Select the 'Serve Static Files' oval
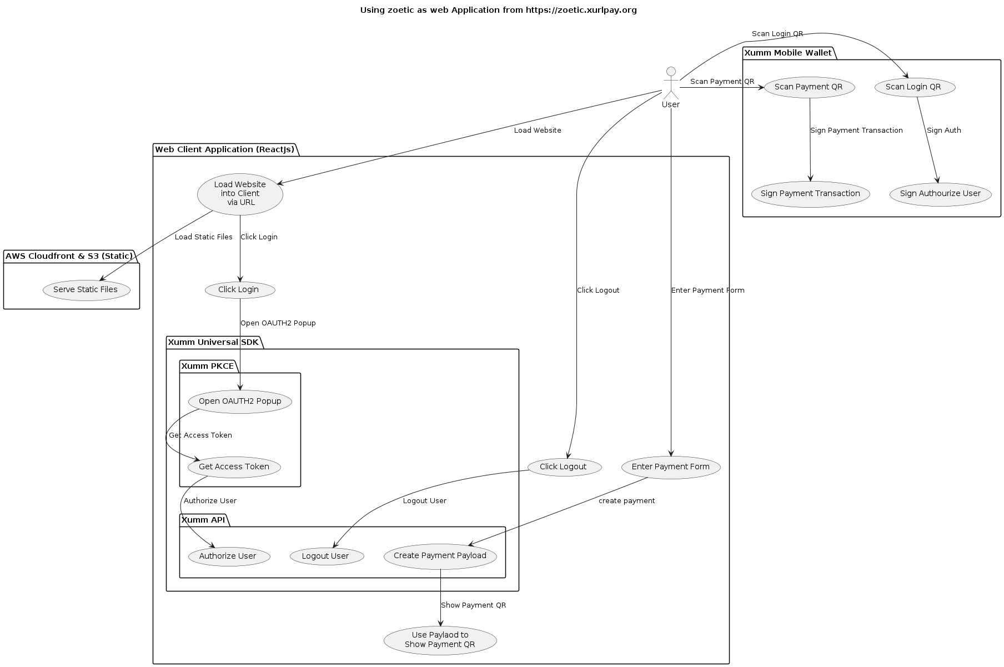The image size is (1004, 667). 86,290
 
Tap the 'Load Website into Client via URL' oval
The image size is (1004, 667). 240,194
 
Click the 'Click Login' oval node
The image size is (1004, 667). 239,290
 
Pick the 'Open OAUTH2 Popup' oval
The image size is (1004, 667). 240,402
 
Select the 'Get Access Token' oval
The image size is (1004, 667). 234,467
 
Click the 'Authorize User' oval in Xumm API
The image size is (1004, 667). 228,556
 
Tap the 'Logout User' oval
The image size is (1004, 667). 326,556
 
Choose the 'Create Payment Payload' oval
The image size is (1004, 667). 440,556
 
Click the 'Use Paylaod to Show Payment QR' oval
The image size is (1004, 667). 440,640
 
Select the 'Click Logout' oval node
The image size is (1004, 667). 563,467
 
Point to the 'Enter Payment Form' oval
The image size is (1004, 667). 671,467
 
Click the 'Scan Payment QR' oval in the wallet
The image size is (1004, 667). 809,87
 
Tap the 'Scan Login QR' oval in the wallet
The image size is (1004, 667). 914,87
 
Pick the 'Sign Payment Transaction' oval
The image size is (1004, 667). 810,194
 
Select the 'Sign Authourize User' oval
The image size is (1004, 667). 940,194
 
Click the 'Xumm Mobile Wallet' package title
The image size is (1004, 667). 788,53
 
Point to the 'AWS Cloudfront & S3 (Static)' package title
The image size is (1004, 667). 69,257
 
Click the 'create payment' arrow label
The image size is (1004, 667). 626,501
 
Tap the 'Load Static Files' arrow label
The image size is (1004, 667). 203,237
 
